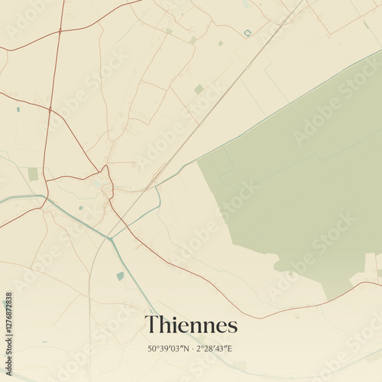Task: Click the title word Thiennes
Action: [191, 325]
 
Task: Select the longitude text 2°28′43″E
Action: [215, 348]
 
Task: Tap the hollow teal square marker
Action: [248, 33]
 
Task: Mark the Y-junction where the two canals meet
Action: [110, 238]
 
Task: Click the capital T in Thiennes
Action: [151, 325]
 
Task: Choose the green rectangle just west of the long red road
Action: [33, 174]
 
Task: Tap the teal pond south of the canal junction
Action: [120, 276]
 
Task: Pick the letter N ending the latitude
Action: [186, 348]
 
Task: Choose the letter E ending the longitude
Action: [229, 348]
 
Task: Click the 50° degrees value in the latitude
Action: [154, 348]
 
